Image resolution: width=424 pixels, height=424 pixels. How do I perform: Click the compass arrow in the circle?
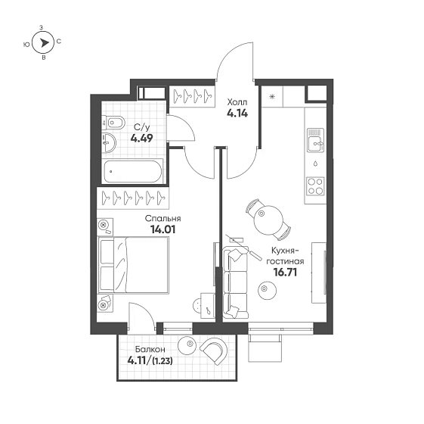44,43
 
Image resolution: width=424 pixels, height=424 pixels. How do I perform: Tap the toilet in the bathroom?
113,123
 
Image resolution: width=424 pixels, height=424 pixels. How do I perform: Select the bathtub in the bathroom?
133,172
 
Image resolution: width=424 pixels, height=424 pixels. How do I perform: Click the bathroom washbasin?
109,142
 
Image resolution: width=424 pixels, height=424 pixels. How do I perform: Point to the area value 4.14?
237,114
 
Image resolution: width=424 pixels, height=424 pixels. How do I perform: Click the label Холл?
237,102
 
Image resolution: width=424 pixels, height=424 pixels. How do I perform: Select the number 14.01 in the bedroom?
162,229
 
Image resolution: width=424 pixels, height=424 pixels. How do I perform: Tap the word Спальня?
162,218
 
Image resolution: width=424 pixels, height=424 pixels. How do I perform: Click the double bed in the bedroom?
133,265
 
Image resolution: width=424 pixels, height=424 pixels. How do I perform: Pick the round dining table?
268,220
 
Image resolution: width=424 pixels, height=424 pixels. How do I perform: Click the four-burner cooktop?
315,185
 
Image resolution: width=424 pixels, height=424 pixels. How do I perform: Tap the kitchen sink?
315,140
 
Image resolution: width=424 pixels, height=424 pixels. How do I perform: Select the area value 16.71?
285,273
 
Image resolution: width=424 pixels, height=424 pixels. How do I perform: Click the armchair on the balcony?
215,351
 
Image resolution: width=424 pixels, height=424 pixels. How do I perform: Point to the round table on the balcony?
189,344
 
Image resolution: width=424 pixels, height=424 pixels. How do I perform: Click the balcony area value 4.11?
137,360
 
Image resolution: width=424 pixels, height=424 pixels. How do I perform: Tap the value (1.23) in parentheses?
162,361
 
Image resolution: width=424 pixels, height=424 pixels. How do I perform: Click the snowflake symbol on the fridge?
272,97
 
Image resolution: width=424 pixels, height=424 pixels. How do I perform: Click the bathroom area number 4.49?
141,139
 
